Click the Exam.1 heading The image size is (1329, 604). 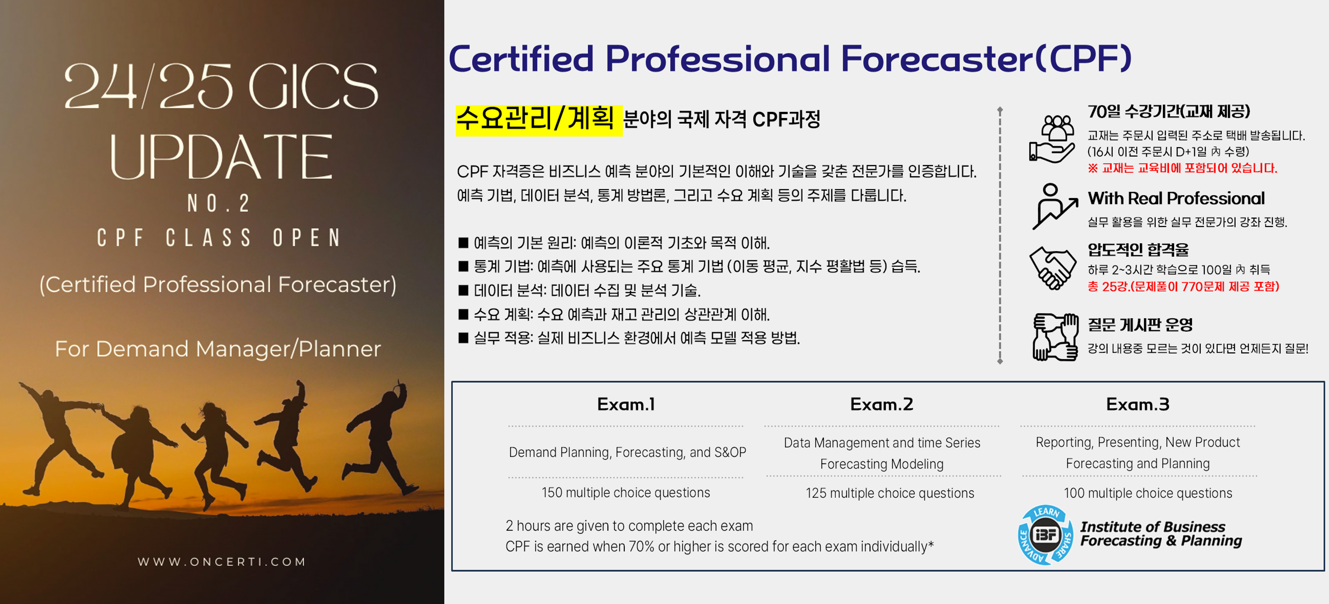[x=626, y=404]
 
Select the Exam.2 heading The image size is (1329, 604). [x=882, y=404]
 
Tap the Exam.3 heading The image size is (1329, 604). [x=1138, y=404]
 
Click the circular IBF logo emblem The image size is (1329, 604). [x=1045, y=535]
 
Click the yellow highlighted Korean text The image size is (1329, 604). [x=539, y=120]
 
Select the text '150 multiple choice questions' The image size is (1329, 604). [x=626, y=493]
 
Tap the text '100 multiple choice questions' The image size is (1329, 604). [x=1148, y=493]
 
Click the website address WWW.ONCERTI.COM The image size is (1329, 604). [x=222, y=562]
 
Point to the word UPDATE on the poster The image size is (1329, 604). [x=221, y=157]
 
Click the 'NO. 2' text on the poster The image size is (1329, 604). [x=219, y=203]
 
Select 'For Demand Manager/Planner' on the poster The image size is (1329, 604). [x=218, y=349]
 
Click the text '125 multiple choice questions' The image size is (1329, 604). [x=890, y=493]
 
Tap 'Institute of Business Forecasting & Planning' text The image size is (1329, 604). [x=1161, y=534]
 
